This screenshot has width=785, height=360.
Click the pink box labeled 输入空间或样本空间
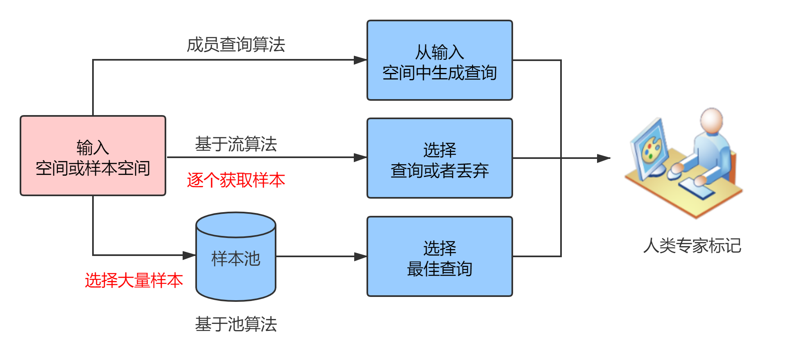pos(93,156)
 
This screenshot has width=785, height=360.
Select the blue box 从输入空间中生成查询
pos(439,60)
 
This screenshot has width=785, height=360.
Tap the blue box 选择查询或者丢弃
pos(439,158)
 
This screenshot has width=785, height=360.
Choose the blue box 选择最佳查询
pos(439,256)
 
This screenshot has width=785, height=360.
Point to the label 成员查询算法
pos(236,45)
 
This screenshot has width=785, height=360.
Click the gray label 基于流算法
pos(236,144)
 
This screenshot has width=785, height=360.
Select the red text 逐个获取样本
pos(236,180)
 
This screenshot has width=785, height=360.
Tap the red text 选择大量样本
pos(133,281)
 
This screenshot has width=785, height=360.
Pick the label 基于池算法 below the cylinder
pos(236,324)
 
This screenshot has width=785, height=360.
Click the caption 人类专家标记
pos(692,246)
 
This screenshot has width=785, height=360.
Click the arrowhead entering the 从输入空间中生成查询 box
pos(360,60)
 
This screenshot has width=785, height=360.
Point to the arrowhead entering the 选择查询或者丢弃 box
pos(360,157)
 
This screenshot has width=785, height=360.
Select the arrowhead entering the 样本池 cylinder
pos(189,255)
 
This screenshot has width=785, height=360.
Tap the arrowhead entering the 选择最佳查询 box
pos(360,257)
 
